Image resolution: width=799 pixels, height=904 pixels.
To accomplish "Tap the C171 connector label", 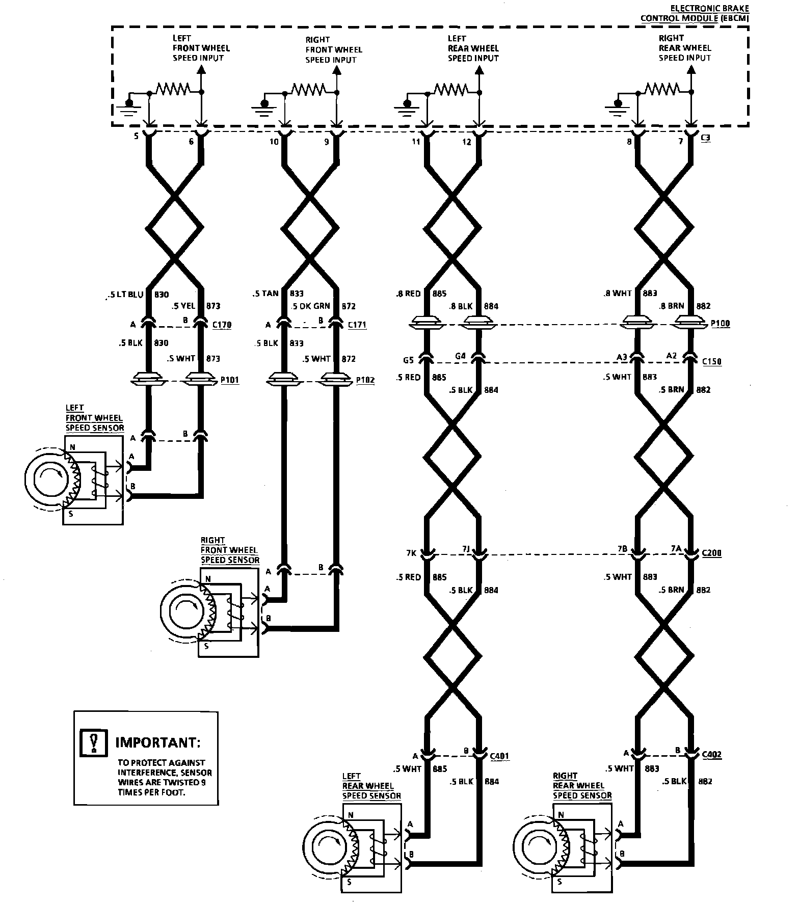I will [x=357, y=325].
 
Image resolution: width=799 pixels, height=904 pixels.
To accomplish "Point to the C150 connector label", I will [x=711, y=362].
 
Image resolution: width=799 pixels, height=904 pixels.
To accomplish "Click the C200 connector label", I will [x=711, y=553].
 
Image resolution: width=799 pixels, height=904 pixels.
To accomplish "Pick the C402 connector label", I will [x=711, y=755].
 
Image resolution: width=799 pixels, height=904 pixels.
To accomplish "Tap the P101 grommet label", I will [x=229, y=380].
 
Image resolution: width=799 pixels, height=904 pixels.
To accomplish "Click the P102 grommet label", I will [x=365, y=380].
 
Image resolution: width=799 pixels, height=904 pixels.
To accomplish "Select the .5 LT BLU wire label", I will [x=126, y=295].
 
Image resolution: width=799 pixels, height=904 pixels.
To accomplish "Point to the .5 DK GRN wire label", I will [x=310, y=306].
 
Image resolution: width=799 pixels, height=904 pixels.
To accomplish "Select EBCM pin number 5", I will [x=136, y=137].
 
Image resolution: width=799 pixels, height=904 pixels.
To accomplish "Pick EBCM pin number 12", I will [x=467, y=142].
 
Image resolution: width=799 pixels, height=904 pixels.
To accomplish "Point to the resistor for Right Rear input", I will [x=662, y=88].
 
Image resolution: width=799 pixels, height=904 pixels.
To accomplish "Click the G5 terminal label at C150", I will [x=408, y=360].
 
